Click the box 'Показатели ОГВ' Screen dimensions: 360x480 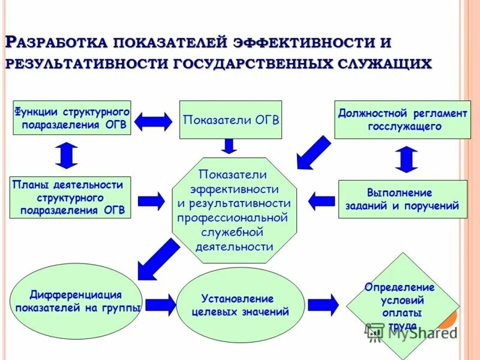(x=231, y=119)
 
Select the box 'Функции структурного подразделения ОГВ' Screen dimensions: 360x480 (x=72, y=118)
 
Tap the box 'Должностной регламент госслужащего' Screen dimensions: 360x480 (x=402, y=120)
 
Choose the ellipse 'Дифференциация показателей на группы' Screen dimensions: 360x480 (x=76, y=301)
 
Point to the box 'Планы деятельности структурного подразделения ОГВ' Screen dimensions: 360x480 (x=71, y=197)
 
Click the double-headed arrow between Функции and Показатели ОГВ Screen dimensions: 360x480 (x=153, y=122)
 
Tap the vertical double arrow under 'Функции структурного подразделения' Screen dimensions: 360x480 (x=67, y=154)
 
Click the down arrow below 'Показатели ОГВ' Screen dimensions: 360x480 (x=229, y=145)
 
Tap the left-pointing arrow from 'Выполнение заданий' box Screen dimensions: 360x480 (x=322, y=200)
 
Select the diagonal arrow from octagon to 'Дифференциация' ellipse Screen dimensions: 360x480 (x=157, y=258)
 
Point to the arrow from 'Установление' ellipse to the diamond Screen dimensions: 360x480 (x=323, y=304)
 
